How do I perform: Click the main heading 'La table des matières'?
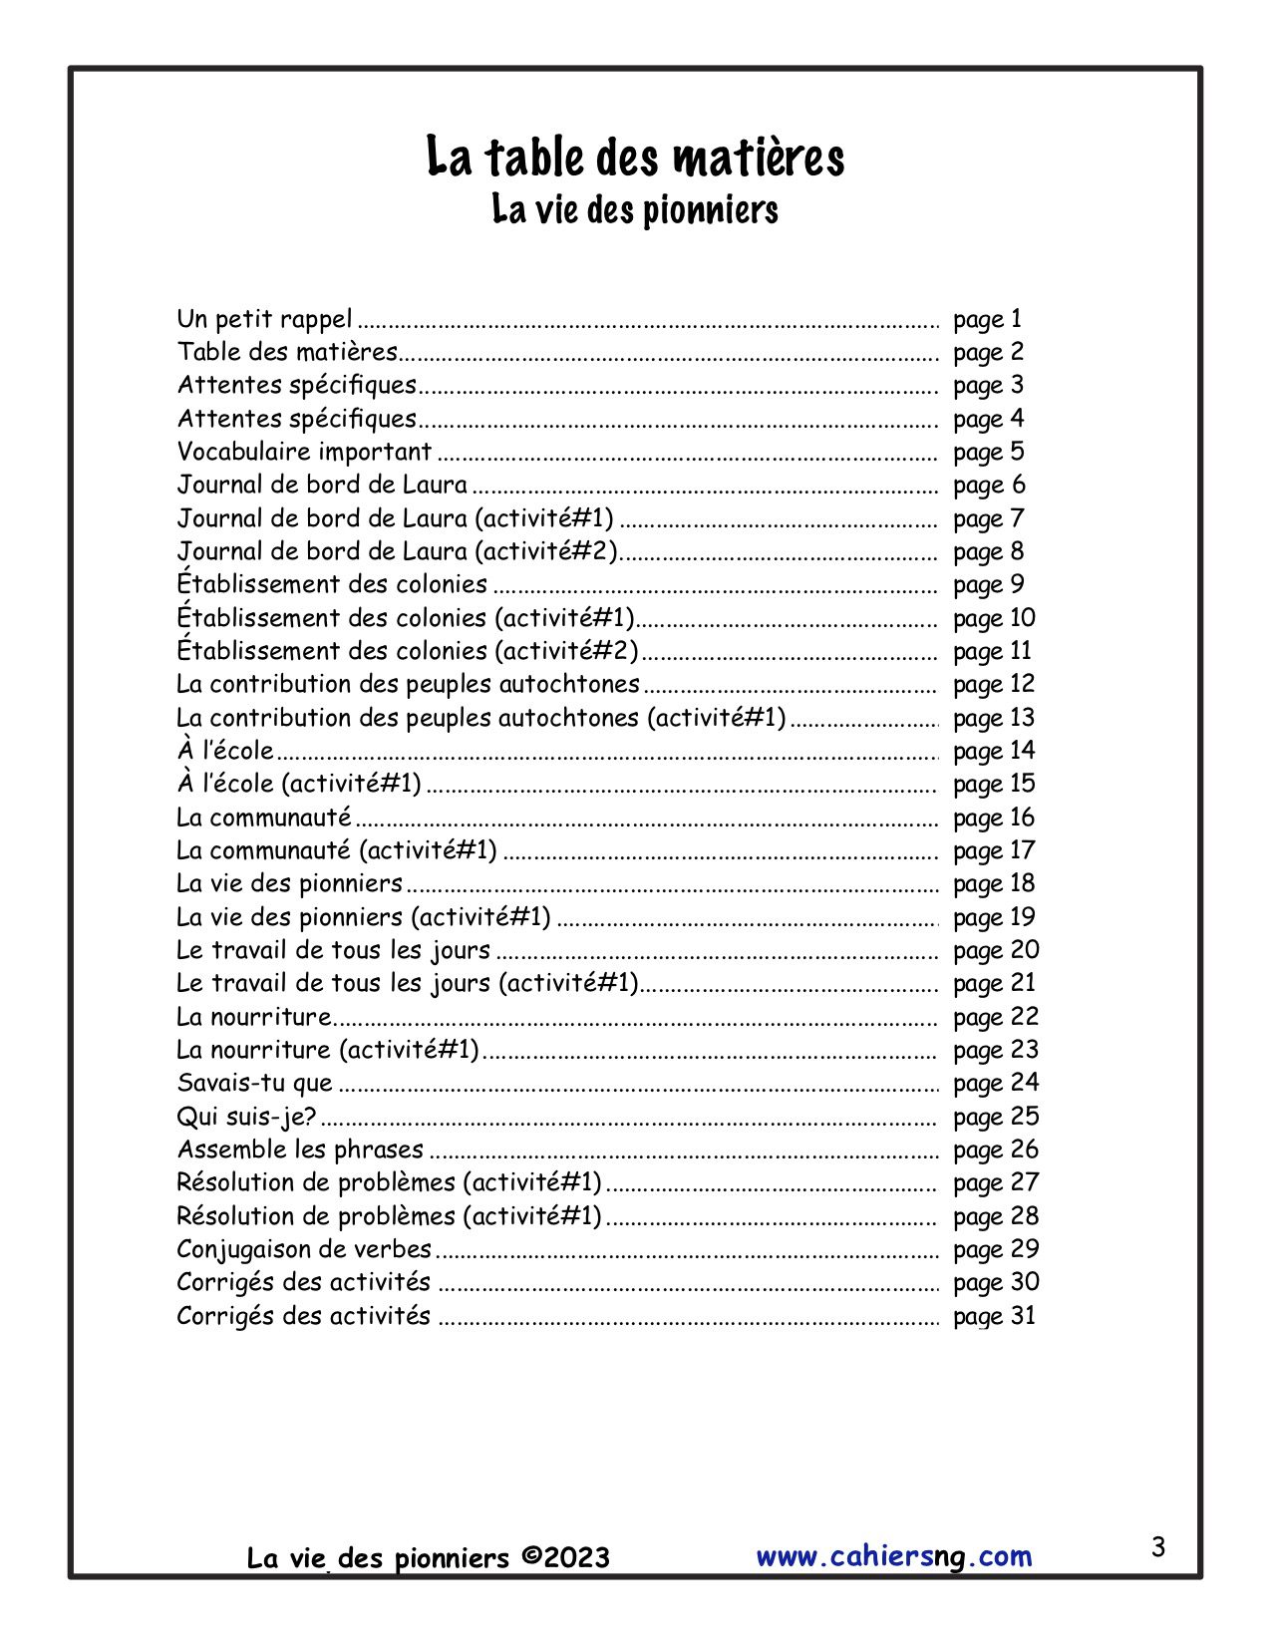[x=635, y=158]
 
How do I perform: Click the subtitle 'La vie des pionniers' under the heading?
[x=635, y=210]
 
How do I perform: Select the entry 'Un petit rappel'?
[x=264, y=319]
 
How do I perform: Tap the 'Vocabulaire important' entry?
[x=304, y=452]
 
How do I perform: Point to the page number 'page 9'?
[x=988, y=584]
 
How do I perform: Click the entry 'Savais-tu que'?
[x=254, y=1083]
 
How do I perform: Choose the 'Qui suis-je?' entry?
[x=246, y=1117]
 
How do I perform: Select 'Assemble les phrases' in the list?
[x=300, y=1150]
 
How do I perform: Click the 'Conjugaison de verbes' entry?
[x=304, y=1249]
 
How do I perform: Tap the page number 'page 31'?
[x=994, y=1316]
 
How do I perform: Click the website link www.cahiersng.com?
[x=894, y=1556]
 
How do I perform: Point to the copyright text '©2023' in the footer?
[x=564, y=1557]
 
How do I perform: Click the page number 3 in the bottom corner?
[x=1157, y=1548]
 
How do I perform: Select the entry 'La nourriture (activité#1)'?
[x=328, y=1050]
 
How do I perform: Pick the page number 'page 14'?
[x=994, y=751]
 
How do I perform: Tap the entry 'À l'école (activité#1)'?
[x=299, y=784]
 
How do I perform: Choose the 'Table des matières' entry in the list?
[x=287, y=352]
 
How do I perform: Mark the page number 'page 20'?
[x=996, y=950]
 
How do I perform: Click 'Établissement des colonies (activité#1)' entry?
[x=406, y=618]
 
